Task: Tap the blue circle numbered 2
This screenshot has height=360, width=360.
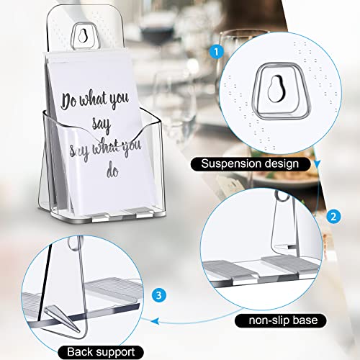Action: pyautogui.click(x=333, y=215)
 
